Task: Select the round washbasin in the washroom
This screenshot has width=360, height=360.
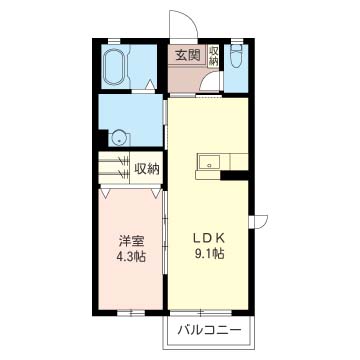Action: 119,139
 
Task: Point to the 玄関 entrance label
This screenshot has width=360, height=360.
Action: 187,56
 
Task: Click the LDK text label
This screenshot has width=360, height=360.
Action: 211,237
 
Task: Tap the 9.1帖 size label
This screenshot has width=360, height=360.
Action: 210,254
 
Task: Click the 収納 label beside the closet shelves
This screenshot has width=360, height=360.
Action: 147,168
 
